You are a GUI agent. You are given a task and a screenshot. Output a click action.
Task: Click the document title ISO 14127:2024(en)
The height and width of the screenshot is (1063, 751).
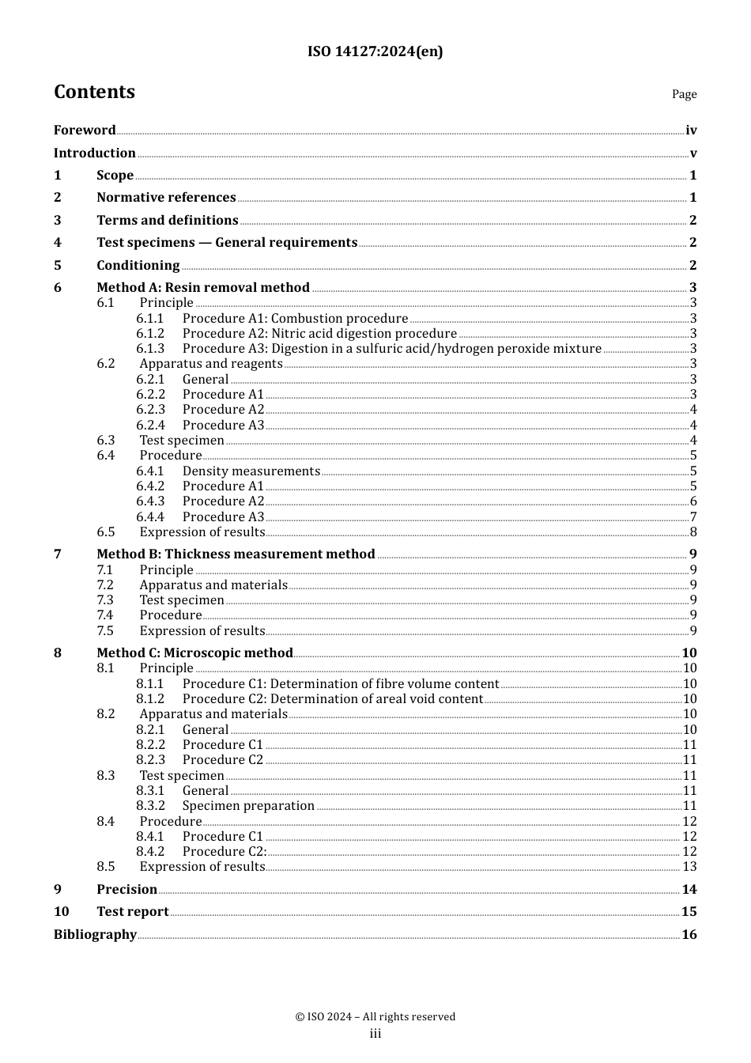point(375,51)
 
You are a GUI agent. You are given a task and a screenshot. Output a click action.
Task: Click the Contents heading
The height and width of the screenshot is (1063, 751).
point(94,92)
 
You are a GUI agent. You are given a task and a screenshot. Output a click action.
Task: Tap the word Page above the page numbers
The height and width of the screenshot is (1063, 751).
point(684,94)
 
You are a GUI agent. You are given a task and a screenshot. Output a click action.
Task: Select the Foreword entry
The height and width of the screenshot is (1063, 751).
point(85,131)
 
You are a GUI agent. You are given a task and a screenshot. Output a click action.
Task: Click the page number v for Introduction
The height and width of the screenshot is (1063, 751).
point(693,153)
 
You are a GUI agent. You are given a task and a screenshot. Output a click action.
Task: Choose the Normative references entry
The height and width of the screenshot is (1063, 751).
point(166,198)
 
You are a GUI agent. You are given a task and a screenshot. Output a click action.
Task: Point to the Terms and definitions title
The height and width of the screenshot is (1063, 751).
point(167,221)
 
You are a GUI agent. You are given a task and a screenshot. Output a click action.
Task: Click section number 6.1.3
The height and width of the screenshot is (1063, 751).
point(150,349)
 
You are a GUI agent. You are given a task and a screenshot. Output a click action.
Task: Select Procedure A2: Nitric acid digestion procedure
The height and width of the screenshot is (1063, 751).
point(319,334)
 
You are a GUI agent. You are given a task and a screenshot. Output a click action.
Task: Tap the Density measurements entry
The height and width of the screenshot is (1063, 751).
point(251,471)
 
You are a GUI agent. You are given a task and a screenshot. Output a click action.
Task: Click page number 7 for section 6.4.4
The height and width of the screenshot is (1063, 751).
point(693,517)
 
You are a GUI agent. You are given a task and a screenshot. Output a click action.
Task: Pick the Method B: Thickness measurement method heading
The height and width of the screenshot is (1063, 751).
point(236,554)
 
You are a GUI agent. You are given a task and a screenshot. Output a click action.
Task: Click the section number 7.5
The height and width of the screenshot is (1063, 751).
point(105,631)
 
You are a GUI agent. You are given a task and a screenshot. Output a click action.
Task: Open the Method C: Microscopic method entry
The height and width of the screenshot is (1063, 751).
point(194,653)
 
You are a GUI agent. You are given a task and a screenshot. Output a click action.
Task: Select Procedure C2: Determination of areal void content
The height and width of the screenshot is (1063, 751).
point(332,699)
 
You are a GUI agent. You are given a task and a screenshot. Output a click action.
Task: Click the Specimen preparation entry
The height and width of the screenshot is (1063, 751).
point(248,806)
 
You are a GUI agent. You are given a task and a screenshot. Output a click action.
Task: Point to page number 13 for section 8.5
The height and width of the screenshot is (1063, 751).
point(689,867)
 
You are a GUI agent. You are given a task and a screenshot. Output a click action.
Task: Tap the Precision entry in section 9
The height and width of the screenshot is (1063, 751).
point(126,890)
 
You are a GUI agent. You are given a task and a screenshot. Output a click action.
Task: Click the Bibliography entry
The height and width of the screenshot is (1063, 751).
point(95,935)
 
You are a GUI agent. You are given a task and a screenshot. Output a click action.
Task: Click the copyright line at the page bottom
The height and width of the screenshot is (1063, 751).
point(375,1017)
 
